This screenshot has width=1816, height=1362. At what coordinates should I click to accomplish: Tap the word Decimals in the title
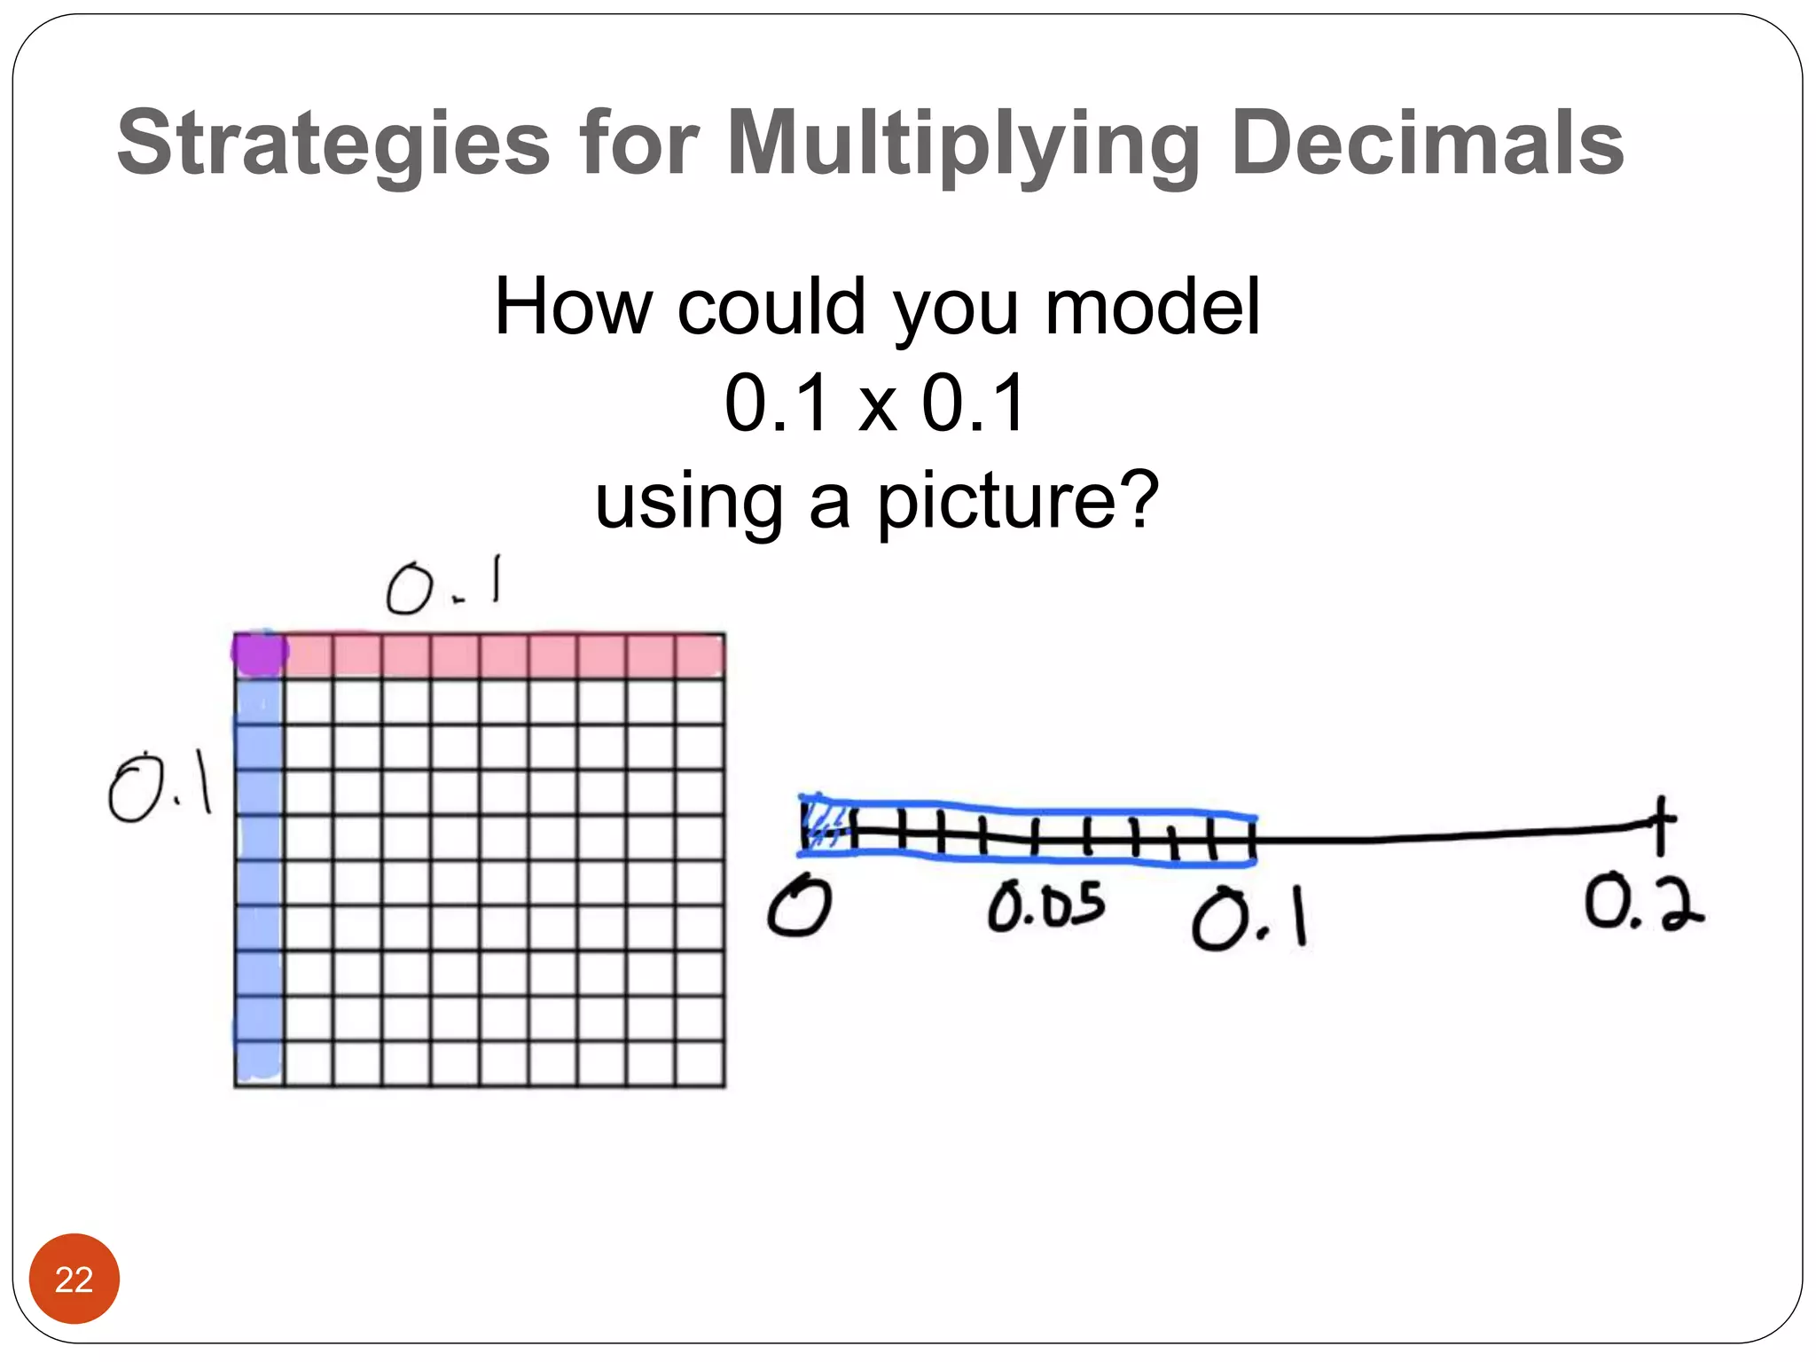(x=1427, y=143)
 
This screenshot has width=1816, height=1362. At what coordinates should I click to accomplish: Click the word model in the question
(x=1152, y=307)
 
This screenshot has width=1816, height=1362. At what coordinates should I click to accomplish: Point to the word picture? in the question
(x=1018, y=501)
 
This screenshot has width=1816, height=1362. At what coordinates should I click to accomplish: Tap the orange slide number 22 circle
(x=74, y=1279)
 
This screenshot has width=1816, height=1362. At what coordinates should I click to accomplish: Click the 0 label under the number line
(x=799, y=905)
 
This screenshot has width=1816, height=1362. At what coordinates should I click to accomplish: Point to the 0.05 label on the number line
(x=1046, y=905)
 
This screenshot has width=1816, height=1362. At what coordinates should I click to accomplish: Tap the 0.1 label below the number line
(x=1249, y=919)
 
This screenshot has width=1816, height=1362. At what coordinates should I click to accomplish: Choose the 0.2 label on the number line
(x=1643, y=903)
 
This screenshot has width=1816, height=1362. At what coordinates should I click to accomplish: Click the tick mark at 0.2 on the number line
(x=1660, y=826)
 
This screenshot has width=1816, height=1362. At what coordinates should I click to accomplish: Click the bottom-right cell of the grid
(x=700, y=1063)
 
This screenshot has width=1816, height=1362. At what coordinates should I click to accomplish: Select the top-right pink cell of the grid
(x=700, y=656)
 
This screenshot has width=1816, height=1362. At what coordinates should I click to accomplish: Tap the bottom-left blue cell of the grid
(x=260, y=1063)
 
